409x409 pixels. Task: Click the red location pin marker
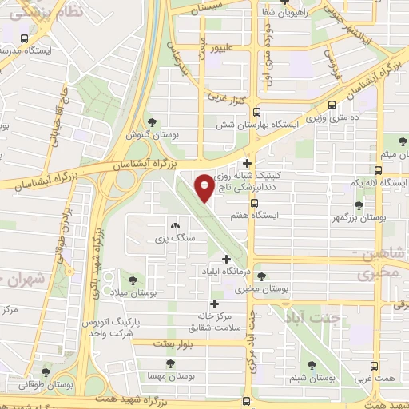[204, 185]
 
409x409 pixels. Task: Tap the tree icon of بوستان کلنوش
[152, 122]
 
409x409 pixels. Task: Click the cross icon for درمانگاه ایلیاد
[227, 258]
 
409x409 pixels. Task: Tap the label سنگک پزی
[175, 238]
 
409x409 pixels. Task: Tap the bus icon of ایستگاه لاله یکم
[379, 170]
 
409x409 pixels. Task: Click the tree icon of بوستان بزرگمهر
[359, 204]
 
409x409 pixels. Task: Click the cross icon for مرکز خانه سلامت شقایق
[213, 304]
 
